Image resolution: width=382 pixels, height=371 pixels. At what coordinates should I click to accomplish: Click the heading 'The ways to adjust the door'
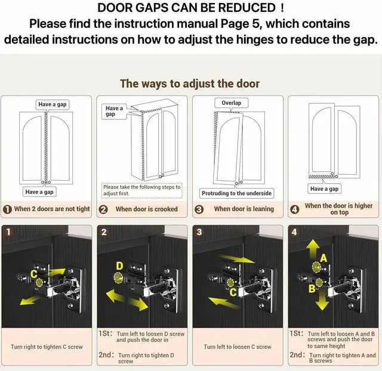[x=190, y=84]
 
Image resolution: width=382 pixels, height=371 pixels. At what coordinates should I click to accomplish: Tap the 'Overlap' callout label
[x=231, y=103]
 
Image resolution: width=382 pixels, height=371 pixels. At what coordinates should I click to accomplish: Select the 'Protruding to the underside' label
[x=236, y=193]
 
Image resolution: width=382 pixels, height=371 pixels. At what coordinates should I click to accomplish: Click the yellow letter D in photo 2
[x=119, y=266]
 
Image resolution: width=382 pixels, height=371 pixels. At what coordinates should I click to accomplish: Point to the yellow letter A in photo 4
[x=324, y=258]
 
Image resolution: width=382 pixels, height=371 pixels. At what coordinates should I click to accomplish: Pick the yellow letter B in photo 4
[x=312, y=289]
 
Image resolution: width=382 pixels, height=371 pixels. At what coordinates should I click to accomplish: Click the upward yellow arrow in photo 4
[x=313, y=249]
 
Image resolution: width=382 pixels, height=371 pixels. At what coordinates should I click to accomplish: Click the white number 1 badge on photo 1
[x=8, y=231]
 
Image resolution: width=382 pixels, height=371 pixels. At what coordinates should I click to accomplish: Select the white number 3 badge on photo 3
[x=199, y=232]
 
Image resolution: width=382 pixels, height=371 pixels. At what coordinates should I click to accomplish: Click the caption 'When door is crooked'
[x=147, y=209]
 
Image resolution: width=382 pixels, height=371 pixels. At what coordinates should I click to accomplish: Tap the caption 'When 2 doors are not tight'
[x=52, y=209]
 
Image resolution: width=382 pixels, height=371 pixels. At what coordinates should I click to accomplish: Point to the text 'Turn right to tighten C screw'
[x=47, y=347]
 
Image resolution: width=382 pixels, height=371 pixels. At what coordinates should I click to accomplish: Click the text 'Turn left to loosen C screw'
[x=238, y=347]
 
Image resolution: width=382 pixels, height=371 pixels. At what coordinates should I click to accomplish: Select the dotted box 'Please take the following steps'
[x=142, y=190]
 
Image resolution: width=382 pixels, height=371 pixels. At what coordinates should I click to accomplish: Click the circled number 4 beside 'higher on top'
[x=295, y=209]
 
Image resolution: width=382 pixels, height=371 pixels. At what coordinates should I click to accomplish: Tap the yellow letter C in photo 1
[x=33, y=274]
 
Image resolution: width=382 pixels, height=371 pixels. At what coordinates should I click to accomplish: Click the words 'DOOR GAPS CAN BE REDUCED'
[x=186, y=8]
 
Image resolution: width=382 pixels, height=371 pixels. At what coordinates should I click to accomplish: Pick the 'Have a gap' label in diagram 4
[x=324, y=189]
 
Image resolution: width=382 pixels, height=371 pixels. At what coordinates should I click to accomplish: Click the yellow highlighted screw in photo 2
[x=118, y=277]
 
